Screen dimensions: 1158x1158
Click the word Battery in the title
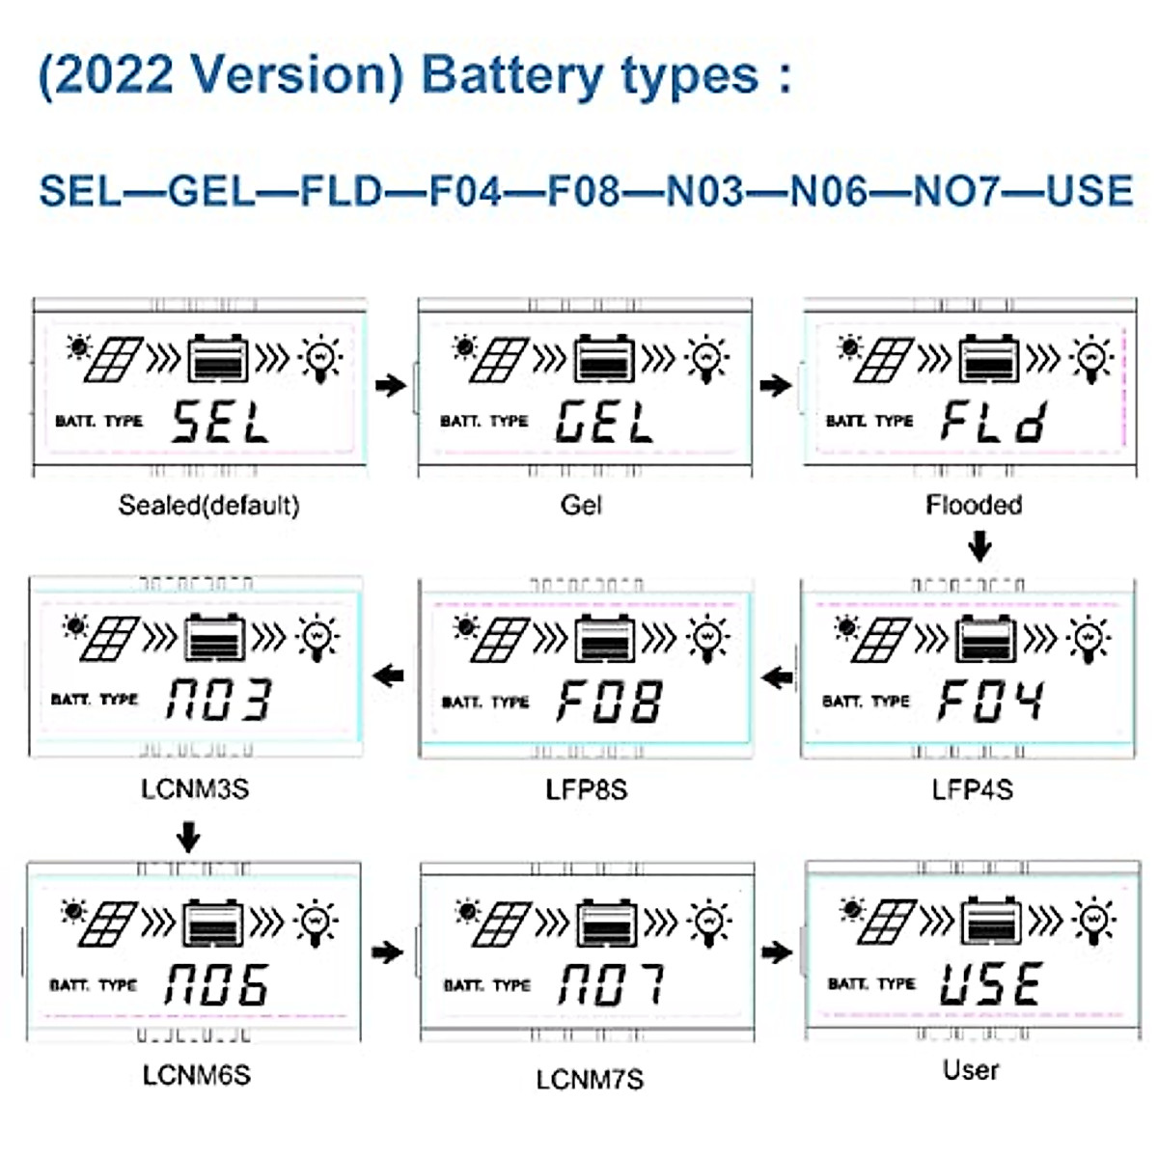[511, 75]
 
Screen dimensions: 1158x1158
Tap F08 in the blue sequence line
[584, 190]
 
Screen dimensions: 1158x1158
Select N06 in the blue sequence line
[829, 190]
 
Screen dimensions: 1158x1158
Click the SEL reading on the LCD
[220, 423]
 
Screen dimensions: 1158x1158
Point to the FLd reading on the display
[993, 423]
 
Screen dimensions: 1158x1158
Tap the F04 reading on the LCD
[990, 701]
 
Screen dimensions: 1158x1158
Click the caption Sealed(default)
[208, 505]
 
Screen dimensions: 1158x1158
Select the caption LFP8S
[586, 789]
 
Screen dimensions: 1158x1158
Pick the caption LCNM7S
[590, 1079]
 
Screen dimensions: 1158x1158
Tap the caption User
[971, 1070]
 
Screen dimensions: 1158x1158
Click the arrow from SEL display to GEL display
[391, 386]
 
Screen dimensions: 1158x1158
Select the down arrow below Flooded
[979, 548]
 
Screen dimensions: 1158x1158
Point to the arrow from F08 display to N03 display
[389, 675]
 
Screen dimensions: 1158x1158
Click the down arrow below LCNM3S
[189, 836]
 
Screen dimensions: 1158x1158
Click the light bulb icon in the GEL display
[707, 359]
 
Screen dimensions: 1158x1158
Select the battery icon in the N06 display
[213, 924]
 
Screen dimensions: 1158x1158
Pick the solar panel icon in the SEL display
[114, 359]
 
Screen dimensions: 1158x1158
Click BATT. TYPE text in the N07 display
[487, 985]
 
